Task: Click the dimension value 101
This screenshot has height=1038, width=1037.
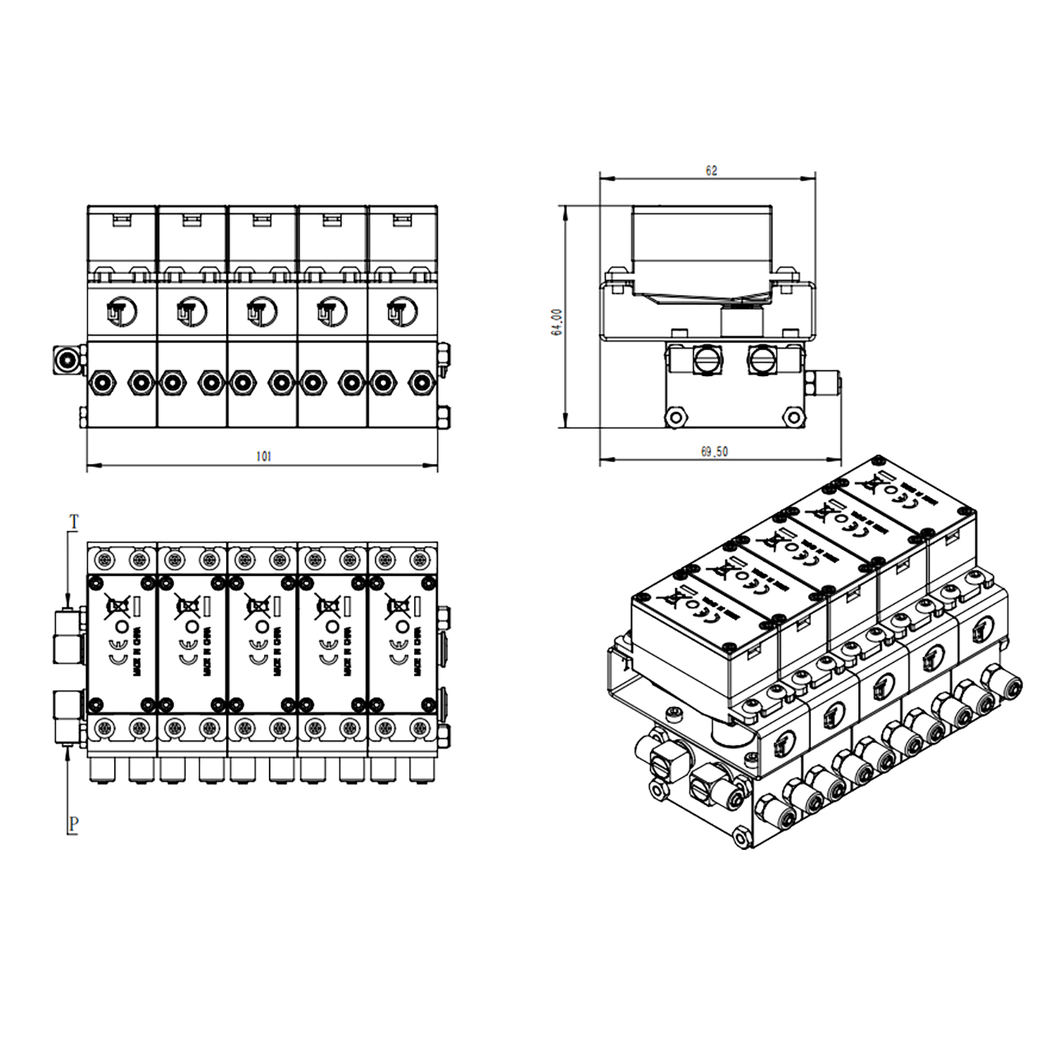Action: (263, 456)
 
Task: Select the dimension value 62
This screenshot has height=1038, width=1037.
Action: (710, 171)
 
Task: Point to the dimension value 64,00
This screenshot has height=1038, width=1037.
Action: (558, 321)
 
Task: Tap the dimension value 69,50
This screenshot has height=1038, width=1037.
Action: (713, 452)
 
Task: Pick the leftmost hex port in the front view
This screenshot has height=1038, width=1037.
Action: (100, 382)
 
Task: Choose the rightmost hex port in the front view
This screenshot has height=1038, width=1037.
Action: (421, 382)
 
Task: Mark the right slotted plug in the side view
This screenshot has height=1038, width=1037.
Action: (761, 359)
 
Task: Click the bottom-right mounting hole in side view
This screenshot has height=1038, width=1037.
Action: (792, 417)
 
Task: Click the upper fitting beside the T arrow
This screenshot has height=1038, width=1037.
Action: (69, 636)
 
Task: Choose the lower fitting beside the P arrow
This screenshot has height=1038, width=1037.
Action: (69, 715)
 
